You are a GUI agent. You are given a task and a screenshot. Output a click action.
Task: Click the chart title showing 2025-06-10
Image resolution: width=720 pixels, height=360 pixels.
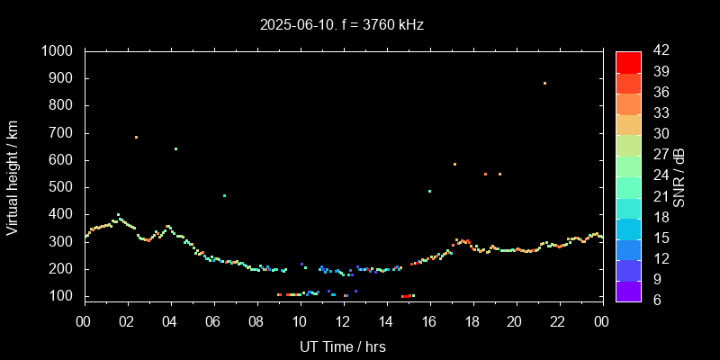341,25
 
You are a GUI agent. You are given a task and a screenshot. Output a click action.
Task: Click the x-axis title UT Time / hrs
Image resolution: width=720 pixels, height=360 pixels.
343,346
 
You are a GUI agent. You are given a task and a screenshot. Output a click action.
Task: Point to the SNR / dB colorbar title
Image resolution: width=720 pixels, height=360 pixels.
679,176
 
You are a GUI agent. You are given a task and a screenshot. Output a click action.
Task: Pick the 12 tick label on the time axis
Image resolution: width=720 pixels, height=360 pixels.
343,320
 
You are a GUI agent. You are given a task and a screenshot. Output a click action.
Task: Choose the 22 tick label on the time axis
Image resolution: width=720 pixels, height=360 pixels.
559,320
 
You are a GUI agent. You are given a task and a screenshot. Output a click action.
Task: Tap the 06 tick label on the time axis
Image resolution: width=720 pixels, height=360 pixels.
213,320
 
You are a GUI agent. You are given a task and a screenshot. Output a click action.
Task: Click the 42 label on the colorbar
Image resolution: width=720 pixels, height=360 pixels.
660,51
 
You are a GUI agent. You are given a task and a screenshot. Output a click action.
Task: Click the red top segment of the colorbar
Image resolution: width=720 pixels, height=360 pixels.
628,61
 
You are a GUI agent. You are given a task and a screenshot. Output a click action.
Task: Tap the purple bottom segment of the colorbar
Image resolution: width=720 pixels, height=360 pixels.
628,289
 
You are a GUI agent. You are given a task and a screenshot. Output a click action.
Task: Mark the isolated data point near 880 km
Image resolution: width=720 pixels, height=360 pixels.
544,84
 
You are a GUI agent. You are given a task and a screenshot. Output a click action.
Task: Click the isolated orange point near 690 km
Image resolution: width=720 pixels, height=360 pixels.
136,137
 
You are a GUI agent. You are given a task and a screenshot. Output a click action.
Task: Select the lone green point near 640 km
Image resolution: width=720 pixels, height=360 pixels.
175,149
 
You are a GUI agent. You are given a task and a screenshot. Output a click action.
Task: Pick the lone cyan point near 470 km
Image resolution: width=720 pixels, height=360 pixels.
224,195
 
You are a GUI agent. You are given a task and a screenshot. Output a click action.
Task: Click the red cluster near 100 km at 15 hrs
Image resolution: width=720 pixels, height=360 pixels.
406,296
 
